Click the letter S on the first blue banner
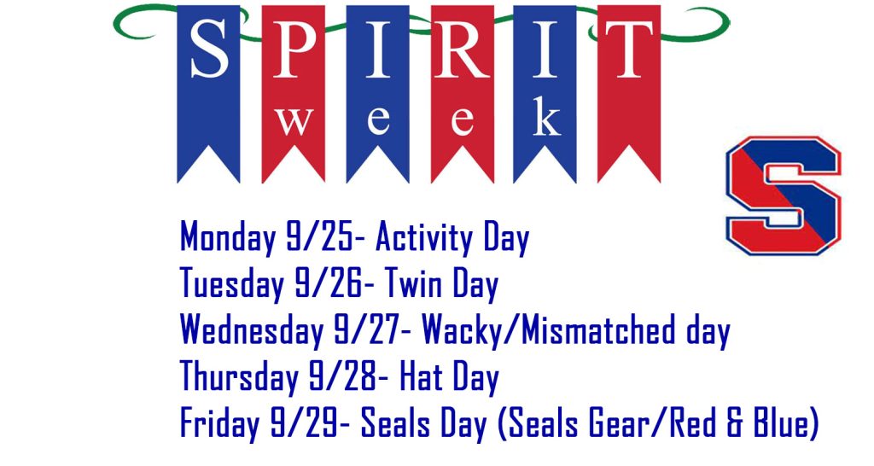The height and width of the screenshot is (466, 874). point(209,50)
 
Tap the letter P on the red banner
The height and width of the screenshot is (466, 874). point(294,50)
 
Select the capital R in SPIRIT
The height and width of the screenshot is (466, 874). point(462,50)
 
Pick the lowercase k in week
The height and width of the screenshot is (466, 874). point(546,116)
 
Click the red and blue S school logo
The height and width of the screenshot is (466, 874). point(784,195)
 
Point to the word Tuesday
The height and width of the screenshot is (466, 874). point(232,284)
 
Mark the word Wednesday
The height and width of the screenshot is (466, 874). point(253,329)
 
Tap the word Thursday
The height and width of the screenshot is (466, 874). point(239,377)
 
